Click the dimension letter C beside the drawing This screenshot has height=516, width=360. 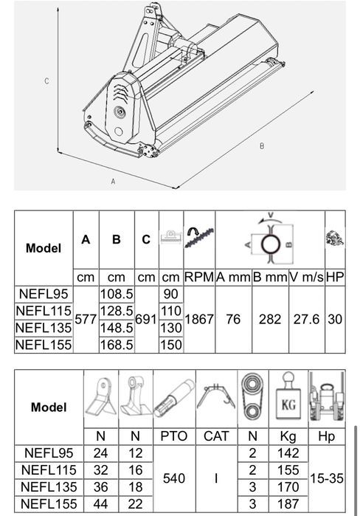pos(46,81)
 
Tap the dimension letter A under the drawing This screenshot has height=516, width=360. pos(113,182)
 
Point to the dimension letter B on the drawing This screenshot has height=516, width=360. pos(262,146)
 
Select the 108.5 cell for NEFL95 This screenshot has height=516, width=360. pos(117,294)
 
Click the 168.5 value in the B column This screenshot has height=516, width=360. pos(117,345)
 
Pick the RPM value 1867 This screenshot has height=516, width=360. pos(199,319)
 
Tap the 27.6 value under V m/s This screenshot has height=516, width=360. pos(306,319)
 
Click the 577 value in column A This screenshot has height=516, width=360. pos(86,319)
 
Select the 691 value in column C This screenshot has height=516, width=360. pos(146,319)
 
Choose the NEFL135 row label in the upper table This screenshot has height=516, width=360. pos(44,328)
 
